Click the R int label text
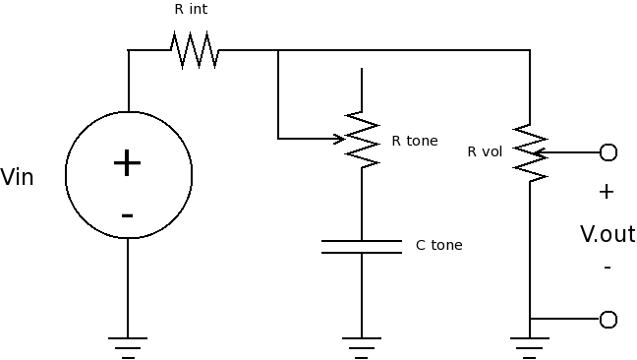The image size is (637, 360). [x=191, y=9]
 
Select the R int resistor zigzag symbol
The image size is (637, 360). [x=195, y=50]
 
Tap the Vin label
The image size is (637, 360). [x=17, y=178]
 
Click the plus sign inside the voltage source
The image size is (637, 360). [x=127, y=163]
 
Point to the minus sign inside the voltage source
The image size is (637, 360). [x=127, y=215]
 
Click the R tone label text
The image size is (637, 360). [x=415, y=141]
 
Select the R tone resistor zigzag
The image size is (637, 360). [x=362, y=140]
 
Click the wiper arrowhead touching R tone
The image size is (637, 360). [x=339, y=139]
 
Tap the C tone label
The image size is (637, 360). [x=439, y=245]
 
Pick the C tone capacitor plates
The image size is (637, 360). [x=362, y=247]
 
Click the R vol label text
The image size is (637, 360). [x=485, y=151]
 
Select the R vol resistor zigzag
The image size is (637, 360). [x=530, y=152]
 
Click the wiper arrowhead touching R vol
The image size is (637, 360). [x=539, y=152]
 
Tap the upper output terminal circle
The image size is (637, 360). [x=608, y=152]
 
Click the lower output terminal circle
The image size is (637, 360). [x=608, y=320]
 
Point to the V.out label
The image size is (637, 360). [x=608, y=234]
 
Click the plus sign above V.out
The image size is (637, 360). [x=607, y=192]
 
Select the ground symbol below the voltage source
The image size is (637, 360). [x=128, y=348]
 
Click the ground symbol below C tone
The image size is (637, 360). [x=362, y=348]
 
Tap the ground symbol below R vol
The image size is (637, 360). [x=530, y=348]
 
